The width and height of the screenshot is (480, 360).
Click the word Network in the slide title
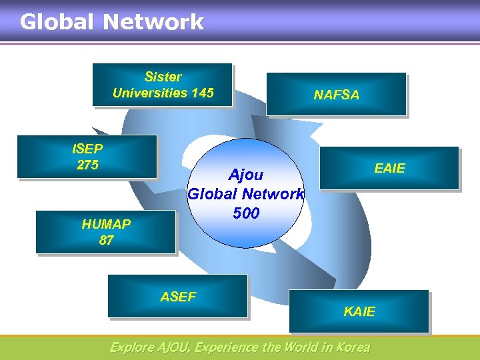[x=153, y=22]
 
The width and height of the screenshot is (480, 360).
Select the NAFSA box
[x=336, y=95]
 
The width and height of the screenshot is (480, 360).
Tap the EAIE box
[x=389, y=168]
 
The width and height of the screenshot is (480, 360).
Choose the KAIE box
[x=359, y=311]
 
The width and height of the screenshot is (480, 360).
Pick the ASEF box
[x=178, y=297]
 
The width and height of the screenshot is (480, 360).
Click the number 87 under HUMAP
[x=106, y=240]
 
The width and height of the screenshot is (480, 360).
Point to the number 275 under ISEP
[x=87, y=165]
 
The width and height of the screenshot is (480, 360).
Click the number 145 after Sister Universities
[x=202, y=93]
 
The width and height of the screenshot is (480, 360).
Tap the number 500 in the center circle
[x=246, y=213]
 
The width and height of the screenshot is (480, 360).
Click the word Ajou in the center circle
[x=246, y=175]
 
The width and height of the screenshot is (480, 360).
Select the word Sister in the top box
[x=163, y=77]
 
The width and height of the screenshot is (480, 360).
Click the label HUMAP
[x=106, y=224]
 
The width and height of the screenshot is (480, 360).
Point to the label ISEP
[x=87, y=149]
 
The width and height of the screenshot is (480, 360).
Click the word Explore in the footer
[x=130, y=347]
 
